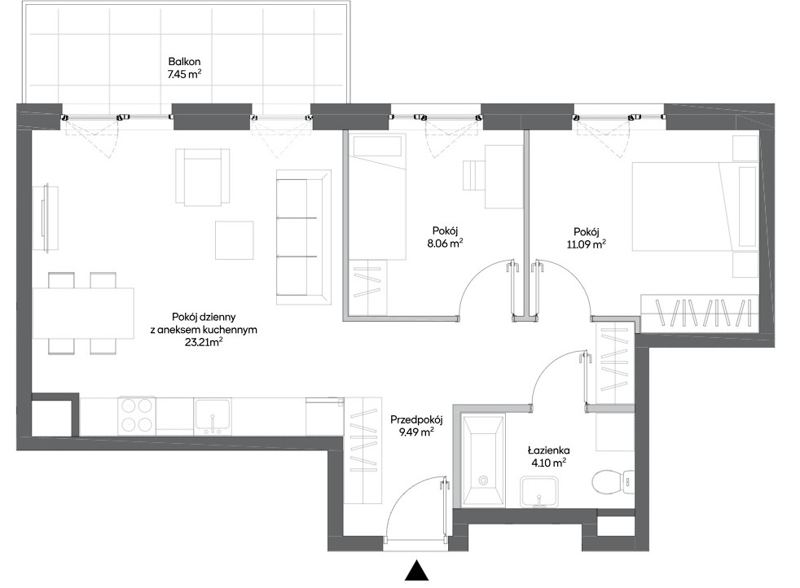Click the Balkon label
tap(184, 62)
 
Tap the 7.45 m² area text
tap(184, 74)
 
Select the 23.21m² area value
tap(204, 342)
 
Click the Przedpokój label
tap(416, 420)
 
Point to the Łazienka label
tap(549, 451)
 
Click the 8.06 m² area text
tap(445, 244)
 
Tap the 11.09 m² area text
tap(587, 244)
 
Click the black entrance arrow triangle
tap(417, 570)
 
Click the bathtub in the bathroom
tap(483, 460)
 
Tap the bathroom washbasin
tap(538, 492)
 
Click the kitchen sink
tap(213, 415)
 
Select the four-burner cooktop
tap(136, 415)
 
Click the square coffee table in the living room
tap(234, 240)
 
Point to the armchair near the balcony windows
tap(202, 178)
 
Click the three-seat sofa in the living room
tap(304, 238)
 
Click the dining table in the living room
tap(83, 314)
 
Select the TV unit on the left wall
tap(46, 218)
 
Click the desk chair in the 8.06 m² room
tap(473, 176)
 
